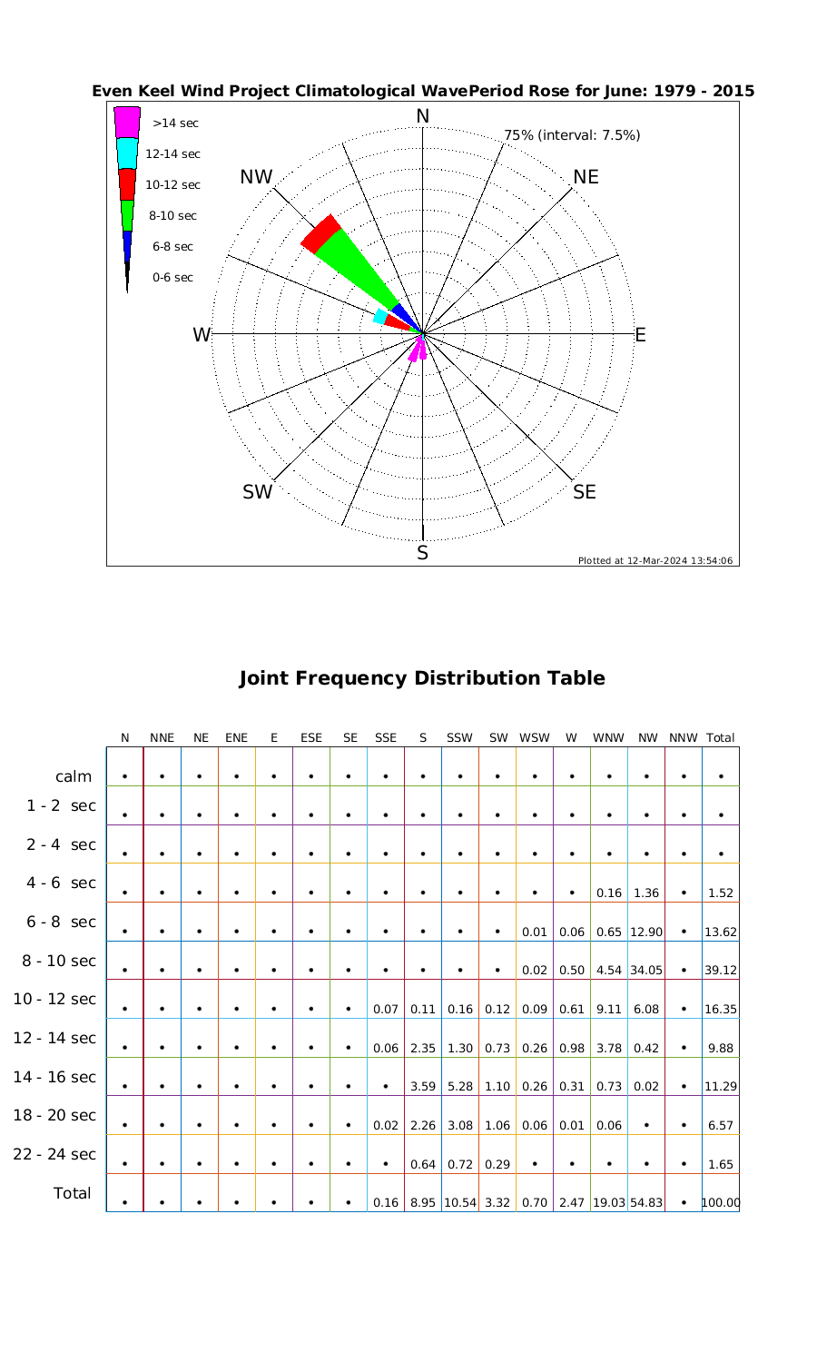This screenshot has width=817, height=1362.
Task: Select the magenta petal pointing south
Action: point(418,349)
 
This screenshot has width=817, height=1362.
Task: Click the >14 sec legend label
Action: point(175,123)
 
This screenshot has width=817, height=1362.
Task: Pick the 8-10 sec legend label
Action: point(172,216)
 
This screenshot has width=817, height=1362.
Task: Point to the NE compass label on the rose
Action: point(586,177)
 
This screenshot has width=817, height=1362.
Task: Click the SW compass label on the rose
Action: point(258,492)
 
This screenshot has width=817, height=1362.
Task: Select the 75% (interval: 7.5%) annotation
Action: point(572,135)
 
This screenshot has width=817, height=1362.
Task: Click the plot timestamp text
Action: point(655,560)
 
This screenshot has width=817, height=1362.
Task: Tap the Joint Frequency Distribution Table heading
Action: point(421,678)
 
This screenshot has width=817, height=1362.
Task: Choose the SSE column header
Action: point(386,738)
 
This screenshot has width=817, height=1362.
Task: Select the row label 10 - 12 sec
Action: point(54,999)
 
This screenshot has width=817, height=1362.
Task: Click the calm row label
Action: point(74,776)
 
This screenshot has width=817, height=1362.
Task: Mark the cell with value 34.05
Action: point(645,970)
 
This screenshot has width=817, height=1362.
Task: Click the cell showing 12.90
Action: point(645,932)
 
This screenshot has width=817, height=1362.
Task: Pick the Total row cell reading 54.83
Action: point(645,1202)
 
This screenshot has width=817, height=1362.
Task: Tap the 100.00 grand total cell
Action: point(721,1202)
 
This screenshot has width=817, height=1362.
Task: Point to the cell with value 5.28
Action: point(460,1086)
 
